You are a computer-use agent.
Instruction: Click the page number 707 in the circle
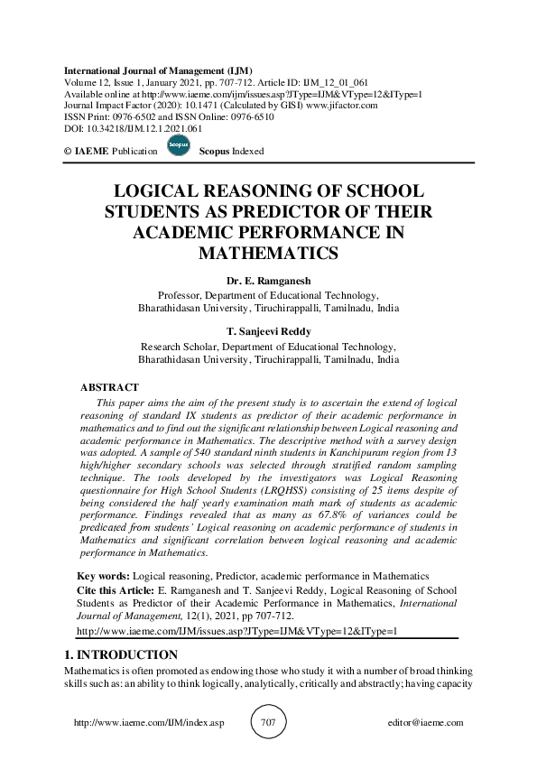[x=268, y=722]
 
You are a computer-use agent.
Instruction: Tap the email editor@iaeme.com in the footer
[x=424, y=722]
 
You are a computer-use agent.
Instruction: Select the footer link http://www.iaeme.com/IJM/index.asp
[x=148, y=722]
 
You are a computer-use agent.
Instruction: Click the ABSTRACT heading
[x=110, y=386]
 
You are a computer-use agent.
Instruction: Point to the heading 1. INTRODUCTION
[x=121, y=654]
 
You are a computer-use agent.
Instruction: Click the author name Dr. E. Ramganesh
[x=268, y=281]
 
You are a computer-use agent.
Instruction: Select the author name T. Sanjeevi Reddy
[x=268, y=330]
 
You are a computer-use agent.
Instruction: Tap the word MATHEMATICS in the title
[x=268, y=254]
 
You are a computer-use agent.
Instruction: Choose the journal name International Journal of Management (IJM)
[x=158, y=70]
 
